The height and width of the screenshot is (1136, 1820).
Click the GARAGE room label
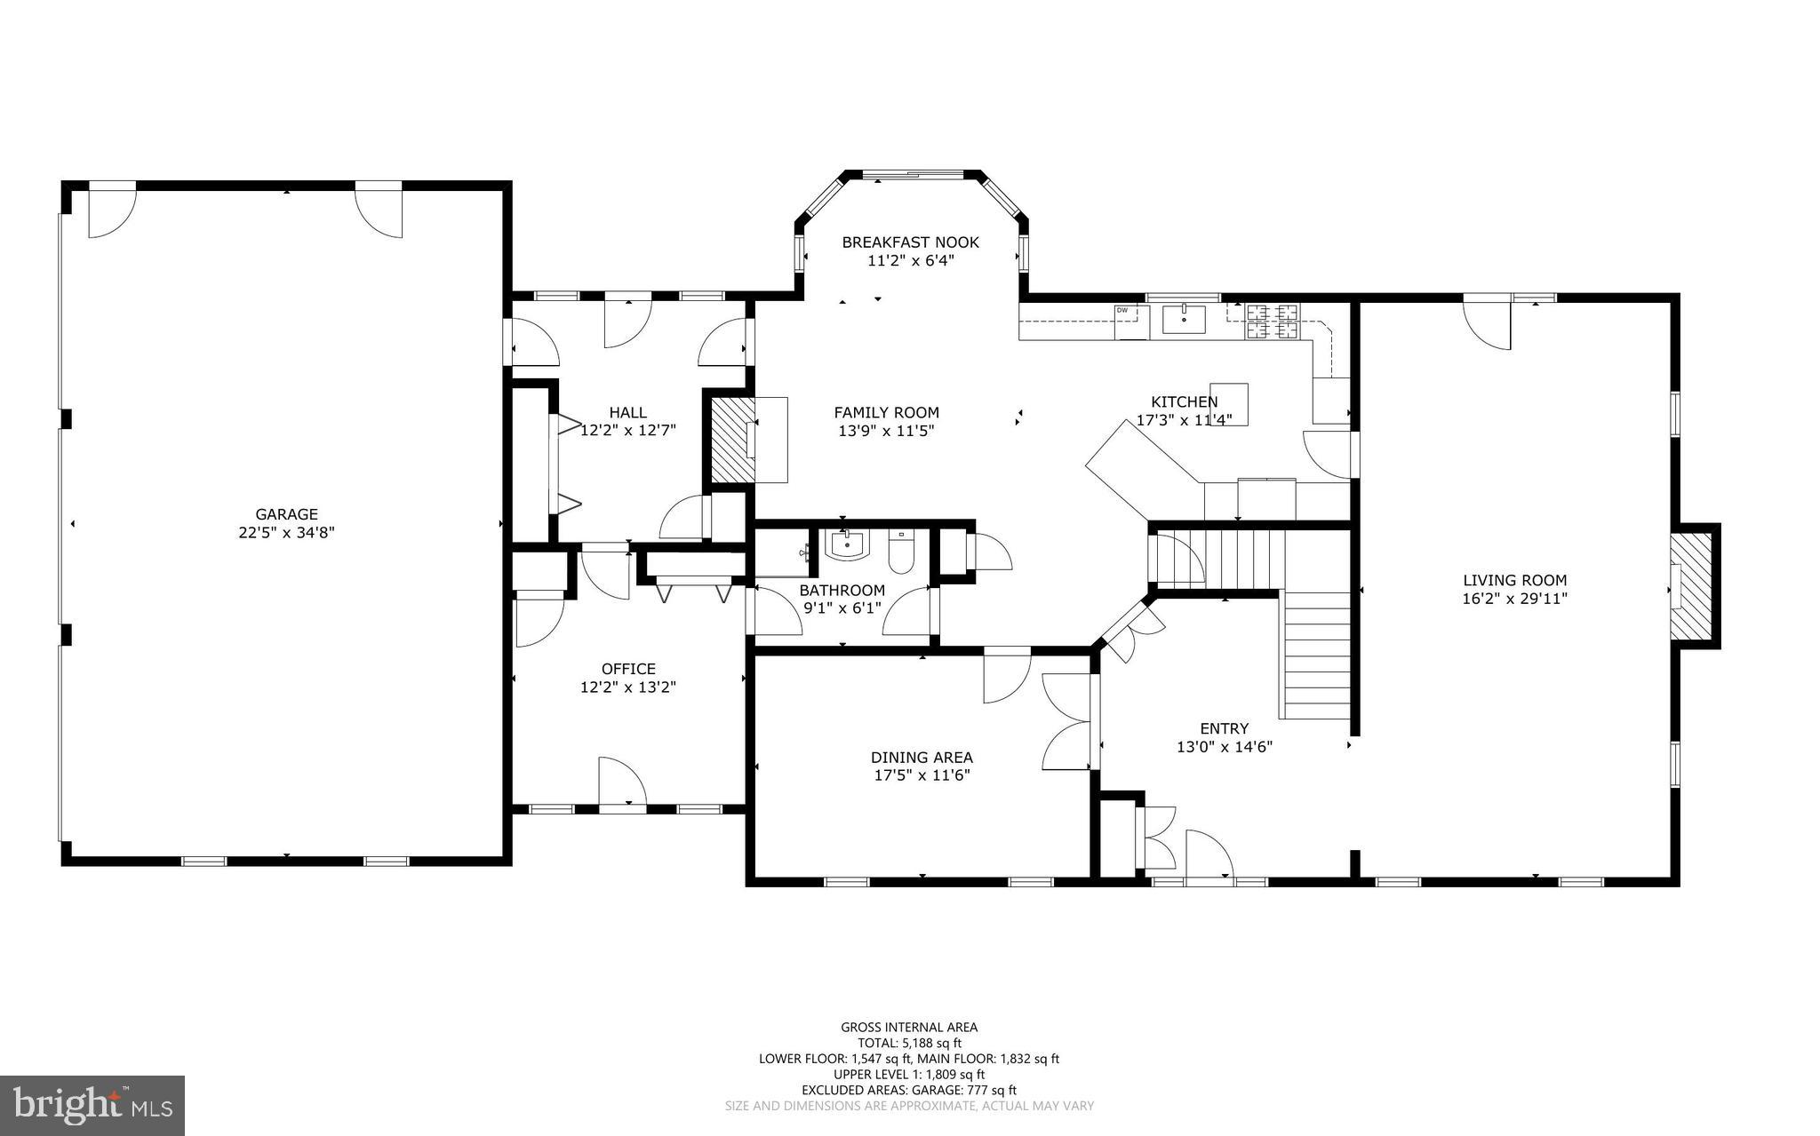coord(286,514)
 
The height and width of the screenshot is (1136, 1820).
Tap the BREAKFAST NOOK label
coord(910,242)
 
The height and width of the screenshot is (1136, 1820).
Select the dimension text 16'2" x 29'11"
coord(1514,599)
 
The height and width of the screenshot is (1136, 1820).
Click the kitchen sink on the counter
coord(1184,320)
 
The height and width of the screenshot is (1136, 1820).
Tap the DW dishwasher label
coord(1122,310)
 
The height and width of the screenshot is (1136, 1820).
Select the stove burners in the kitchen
coord(1272,322)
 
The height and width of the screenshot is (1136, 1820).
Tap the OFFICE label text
coord(628,669)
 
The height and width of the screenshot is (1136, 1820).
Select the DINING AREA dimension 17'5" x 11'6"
coord(922,775)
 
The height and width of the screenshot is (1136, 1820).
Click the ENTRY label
coord(1224,728)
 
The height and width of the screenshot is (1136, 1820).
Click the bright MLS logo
coord(92,1105)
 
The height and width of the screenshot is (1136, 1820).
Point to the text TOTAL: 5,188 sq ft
coord(909,1043)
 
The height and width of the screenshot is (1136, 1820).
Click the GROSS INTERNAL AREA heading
coord(909,1028)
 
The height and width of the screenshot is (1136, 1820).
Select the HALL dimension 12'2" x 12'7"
coord(628,431)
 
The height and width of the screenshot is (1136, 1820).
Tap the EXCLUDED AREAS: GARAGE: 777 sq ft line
coord(909,1090)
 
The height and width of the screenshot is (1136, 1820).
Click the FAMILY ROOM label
coord(886,412)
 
